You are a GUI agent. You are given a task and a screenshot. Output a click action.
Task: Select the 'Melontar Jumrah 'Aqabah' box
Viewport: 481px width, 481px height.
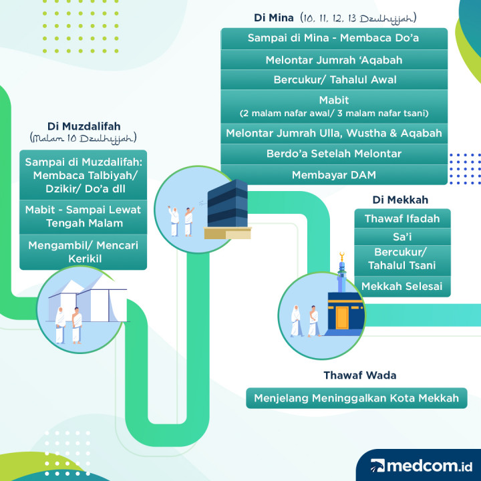coord(333,59)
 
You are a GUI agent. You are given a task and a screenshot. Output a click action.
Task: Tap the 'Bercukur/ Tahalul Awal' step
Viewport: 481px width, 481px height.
coord(333,79)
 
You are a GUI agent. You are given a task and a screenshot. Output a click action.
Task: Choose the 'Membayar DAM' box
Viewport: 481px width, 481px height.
coord(333,175)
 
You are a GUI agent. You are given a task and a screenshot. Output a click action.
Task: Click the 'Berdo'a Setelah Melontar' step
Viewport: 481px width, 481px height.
coord(333,154)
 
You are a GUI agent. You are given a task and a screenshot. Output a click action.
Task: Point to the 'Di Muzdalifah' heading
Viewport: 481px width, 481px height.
coord(84,126)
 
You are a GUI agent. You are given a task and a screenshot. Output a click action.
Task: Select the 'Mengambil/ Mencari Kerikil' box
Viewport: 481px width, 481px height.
coord(83,252)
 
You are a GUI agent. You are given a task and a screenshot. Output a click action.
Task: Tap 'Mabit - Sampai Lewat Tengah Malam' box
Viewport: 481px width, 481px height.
coord(83,216)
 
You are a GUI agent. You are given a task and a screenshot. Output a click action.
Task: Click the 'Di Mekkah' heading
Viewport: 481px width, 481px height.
coord(400,200)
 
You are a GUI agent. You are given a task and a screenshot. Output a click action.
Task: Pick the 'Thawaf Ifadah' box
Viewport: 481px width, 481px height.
coord(402,218)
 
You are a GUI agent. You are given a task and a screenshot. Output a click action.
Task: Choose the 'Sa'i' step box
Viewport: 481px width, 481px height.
coord(402,237)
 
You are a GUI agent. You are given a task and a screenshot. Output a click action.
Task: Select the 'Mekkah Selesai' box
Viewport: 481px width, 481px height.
coord(402,287)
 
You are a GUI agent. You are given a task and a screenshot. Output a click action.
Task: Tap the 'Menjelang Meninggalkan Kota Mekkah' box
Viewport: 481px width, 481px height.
coord(356,399)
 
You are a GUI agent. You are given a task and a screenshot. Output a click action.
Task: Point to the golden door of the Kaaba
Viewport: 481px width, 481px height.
coord(343,317)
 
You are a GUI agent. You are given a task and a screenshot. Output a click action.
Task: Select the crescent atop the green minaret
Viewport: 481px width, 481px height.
coord(343,255)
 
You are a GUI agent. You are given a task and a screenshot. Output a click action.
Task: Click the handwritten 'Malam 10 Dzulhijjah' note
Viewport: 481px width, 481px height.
coord(84,138)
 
